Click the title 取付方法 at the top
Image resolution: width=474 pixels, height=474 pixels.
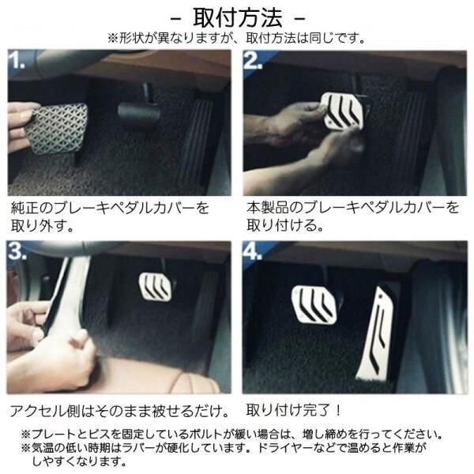click(237, 18)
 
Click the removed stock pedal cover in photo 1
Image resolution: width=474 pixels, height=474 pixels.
click(56, 129)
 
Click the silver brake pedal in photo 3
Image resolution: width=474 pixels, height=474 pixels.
click(156, 286)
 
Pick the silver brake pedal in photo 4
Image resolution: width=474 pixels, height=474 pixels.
click(314, 304)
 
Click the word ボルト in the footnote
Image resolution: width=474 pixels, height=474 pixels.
click(206, 434)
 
